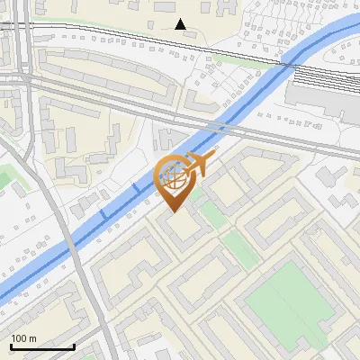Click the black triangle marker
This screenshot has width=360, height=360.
pyautogui.click(x=181, y=24)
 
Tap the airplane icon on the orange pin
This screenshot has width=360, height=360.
pyautogui.click(x=196, y=164)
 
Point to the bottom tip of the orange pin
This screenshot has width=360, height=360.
pyautogui.click(x=173, y=211)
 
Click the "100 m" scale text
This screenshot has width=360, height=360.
pyautogui.click(x=23, y=338)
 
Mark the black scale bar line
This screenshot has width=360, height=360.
pyautogui.click(x=41, y=347)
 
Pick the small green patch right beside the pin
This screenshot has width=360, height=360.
pyautogui.click(x=209, y=212)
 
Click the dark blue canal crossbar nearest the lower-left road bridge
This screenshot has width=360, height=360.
pyautogui.click(x=103, y=214)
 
